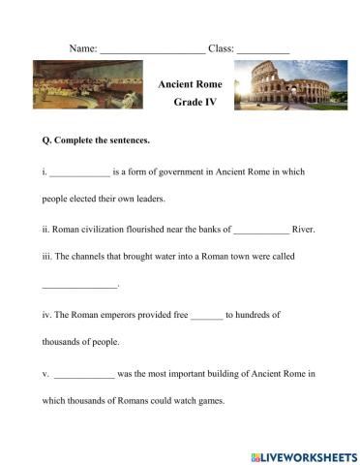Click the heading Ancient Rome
tap(190, 84)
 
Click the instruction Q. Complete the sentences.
tap(96, 140)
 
